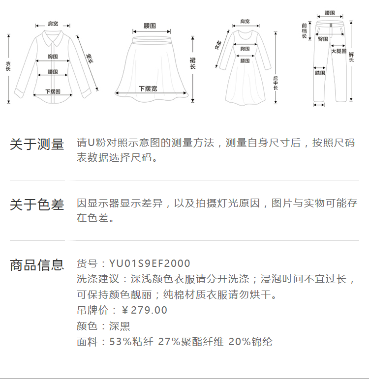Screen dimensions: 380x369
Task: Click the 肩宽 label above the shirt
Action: [x=52, y=23]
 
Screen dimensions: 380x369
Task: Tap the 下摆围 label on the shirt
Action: [x=53, y=91]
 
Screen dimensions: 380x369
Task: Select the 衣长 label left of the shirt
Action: [x=8, y=66]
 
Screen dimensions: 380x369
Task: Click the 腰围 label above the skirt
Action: [x=150, y=25]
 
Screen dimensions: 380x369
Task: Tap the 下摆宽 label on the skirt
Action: [x=148, y=88]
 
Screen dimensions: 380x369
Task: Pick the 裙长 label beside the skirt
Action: [x=193, y=64]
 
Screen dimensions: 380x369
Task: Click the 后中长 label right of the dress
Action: [x=276, y=84]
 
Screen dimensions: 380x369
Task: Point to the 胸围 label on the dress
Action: [x=245, y=48]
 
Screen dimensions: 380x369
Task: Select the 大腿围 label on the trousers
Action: [x=338, y=51]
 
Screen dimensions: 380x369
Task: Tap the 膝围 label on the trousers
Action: [x=320, y=73]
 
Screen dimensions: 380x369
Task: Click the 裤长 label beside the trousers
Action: [x=351, y=57]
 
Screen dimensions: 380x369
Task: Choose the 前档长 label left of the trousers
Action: [x=305, y=30]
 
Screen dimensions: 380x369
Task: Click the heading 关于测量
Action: [x=37, y=144]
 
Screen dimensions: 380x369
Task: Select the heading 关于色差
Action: [x=37, y=205]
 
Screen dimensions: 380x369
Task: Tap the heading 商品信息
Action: [x=37, y=265]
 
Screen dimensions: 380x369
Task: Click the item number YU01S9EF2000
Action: [x=150, y=264]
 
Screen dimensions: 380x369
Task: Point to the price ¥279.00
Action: [x=145, y=310]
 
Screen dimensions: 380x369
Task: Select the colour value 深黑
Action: [x=120, y=326]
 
